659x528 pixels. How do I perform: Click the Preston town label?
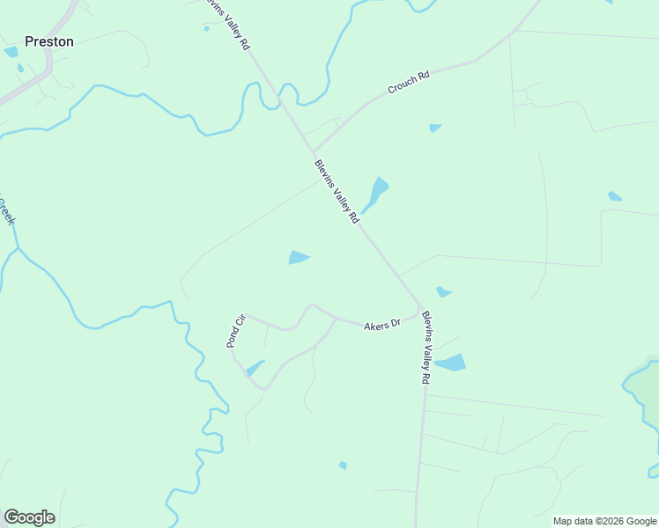[x=49, y=41]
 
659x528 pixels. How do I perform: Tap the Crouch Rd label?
[x=409, y=84]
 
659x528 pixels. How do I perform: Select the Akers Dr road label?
[x=382, y=325]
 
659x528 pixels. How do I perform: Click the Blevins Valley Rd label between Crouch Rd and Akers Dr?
[x=336, y=191]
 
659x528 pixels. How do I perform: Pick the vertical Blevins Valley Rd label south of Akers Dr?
[x=425, y=348]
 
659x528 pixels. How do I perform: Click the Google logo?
[x=29, y=517]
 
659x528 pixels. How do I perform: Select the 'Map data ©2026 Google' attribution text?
[x=604, y=521]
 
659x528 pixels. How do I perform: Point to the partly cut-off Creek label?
[x=7, y=211]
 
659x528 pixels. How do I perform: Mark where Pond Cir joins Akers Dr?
[x=247, y=315]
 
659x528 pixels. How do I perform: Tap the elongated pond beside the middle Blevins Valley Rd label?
[x=375, y=194]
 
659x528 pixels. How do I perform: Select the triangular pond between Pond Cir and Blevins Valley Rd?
[x=298, y=257]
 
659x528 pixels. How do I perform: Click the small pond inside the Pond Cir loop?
[x=255, y=368]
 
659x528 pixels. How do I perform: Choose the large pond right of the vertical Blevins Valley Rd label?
[x=450, y=363]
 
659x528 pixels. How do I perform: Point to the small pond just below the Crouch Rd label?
[x=435, y=128]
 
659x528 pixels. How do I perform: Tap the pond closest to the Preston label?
[x=11, y=52]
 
